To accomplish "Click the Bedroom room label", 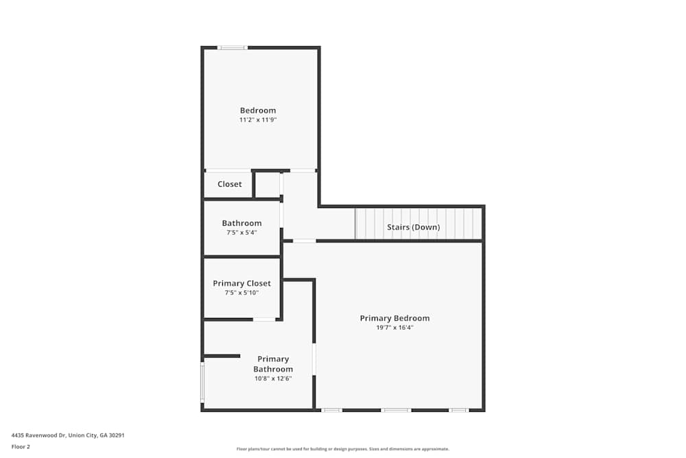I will [x=257, y=111].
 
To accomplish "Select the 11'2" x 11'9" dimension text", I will [x=257, y=120].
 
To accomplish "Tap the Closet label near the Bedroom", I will [x=229, y=184].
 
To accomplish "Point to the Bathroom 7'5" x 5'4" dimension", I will [x=241, y=233].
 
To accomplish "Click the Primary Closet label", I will [x=241, y=283].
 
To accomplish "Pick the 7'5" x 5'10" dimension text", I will [x=241, y=293].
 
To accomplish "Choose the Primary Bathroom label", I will [x=273, y=364].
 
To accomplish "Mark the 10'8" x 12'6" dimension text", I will [x=273, y=378].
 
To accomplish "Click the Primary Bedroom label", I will [x=394, y=318].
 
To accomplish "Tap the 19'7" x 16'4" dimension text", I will [x=394, y=328].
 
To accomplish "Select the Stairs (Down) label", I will [x=414, y=227].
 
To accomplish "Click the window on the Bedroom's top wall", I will [x=233, y=47].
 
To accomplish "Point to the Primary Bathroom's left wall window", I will [x=202, y=382].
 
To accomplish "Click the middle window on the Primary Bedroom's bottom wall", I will [x=396, y=410].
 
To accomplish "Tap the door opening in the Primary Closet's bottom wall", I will [x=264, y=319].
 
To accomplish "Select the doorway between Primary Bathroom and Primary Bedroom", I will [x=314, y=359].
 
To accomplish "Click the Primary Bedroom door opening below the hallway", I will [x=305, y=241].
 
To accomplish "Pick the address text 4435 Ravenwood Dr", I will [x=67, y=435].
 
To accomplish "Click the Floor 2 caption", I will [x=21, y=446].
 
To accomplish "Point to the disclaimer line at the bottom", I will [x=343, y=448].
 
